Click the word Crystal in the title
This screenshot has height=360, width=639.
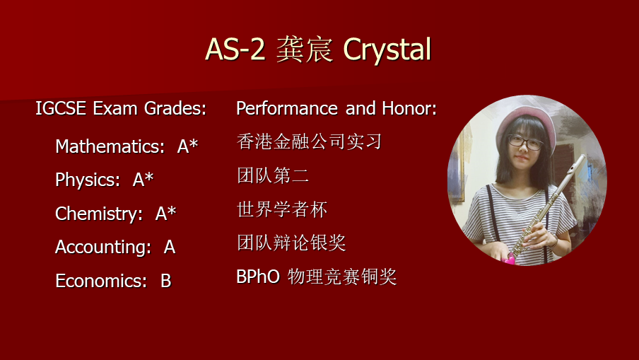(x=387, y=50)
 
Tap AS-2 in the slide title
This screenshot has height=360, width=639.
(x=235, y=49)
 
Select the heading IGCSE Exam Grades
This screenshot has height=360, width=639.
(x=121, y=108)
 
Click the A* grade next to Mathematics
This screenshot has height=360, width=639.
(x=187, y=146)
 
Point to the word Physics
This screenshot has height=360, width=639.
(x=88, y=180)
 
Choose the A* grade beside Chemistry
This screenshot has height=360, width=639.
(x=165, y=213)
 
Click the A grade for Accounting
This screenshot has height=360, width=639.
(x=170, y=247)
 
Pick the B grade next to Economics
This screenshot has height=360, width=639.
(x=166, y=281)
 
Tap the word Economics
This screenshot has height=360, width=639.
(x=101, y=281)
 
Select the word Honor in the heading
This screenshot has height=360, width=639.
(x=409, y=108)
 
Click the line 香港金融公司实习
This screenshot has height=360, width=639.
(x=309, y=141)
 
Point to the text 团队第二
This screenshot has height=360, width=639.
(x=273, y=175)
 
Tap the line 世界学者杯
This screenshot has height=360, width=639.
(x=282, y=209)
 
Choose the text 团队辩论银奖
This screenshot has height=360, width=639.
(x=291, y=243)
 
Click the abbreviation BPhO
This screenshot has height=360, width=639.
(x=258, y=277)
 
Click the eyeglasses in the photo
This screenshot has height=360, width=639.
(x=525, y=142)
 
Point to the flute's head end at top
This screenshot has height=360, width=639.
(x=581, y=159)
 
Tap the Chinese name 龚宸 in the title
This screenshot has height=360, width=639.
(x=305, y=50)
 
